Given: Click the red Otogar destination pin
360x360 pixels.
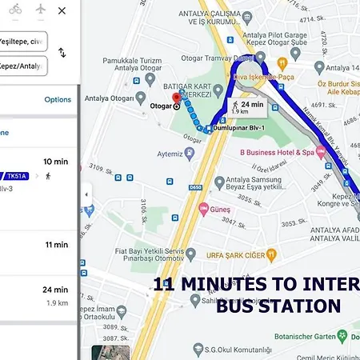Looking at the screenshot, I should pos(177,98).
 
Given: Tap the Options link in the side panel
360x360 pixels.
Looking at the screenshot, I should pos(58,100).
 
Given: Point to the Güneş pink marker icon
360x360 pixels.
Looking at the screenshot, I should pos(203,209).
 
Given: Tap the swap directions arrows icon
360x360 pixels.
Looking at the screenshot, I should pos(62,53).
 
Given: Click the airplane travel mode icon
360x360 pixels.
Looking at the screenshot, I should pos(42,10).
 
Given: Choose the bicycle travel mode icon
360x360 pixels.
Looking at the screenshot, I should pos(15,10).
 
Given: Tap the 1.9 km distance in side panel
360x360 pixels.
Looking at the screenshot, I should pos(57,303).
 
